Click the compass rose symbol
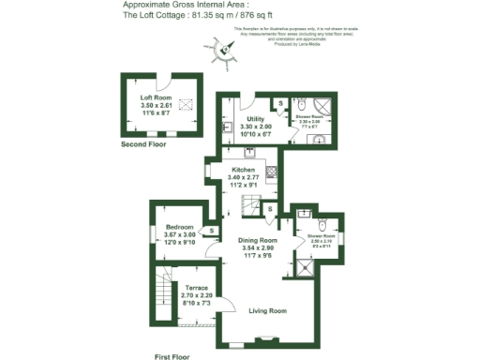[x=227, y=52]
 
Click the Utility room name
[x=256, y=119]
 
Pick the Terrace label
[x=197, y=288]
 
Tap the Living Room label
[x=267, y=310]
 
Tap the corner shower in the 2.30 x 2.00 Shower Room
[x=322, y=107]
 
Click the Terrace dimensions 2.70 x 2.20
[x=197, y=295]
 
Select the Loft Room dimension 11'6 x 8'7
[x=157, y=113]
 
